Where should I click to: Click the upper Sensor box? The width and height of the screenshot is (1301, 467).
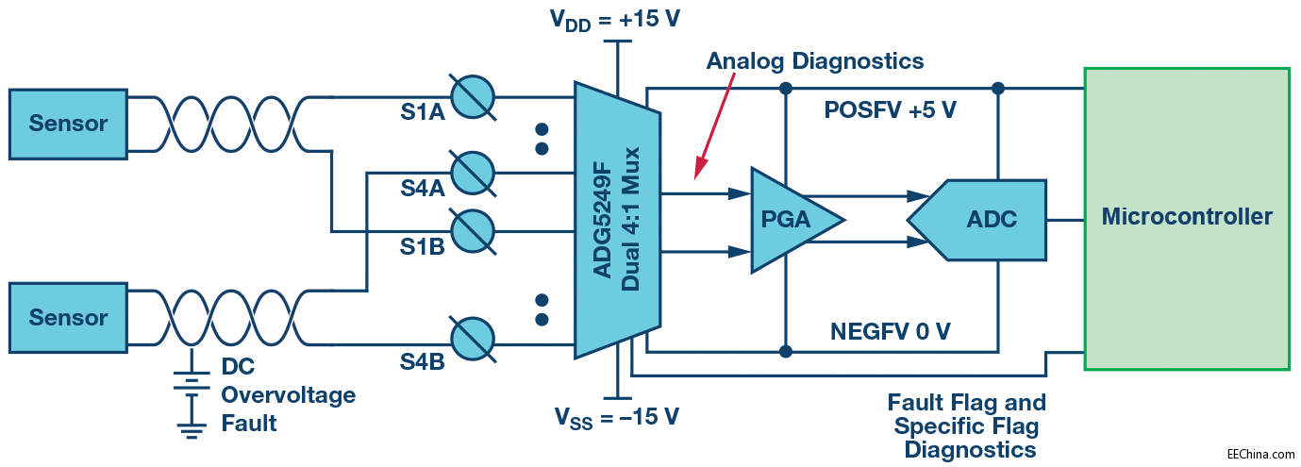68,123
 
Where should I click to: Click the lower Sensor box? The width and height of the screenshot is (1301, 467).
68,317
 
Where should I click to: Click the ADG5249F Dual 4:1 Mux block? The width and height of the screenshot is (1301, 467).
618,219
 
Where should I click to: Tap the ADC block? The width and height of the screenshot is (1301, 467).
981,220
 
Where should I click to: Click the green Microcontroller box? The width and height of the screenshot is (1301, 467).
1187,218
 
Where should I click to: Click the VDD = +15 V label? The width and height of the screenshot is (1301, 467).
615,22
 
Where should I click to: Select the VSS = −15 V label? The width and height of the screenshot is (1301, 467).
615,416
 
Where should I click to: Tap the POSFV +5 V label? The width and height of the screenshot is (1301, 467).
891,110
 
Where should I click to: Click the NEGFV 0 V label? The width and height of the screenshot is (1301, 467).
890,331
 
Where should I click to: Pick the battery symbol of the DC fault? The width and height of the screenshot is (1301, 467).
192,381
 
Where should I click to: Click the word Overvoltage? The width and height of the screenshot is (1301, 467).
288,394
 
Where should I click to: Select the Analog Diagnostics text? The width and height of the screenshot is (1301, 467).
815,61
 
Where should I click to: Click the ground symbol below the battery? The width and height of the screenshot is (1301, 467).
192,430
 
